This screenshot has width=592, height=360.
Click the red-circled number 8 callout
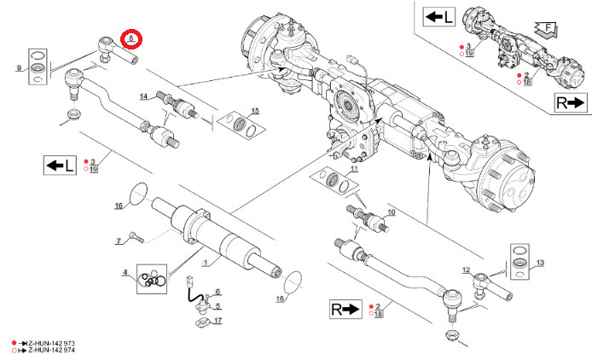[x=131, y=38]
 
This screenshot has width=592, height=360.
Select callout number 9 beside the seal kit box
[x=18, y=67]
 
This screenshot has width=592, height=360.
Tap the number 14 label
[x=143, y=96]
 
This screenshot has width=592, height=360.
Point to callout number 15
[x=254, y=112]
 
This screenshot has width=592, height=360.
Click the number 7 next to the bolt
[x=119, y=242]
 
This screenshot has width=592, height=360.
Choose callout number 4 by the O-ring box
[x=125, y=273]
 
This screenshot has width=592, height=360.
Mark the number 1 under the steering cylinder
[x=204, y=262]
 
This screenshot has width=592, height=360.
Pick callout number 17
[x=218, y=321]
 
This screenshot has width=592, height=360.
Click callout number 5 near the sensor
[x=218, y=306]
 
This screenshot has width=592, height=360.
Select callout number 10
[x=392, y=212]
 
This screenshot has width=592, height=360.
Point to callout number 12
[x=466, y=270]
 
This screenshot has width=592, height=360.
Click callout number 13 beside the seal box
[x=540, y=263]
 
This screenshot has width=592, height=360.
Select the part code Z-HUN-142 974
[x=50, y=350]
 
